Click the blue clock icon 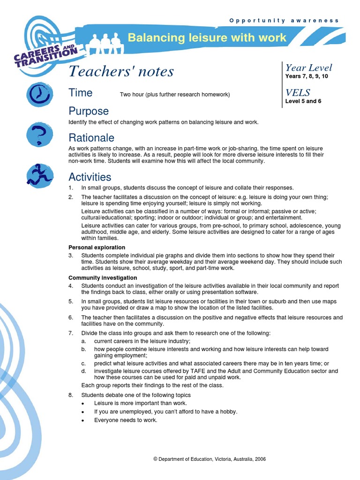click(40, 94)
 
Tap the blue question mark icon click(39, 135)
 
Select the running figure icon click(39, 176)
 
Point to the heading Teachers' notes click(121, 72)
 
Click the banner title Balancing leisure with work click(207, 37)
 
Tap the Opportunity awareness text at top click(284, 21)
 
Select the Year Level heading click(308, 67)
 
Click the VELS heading click(298, 92)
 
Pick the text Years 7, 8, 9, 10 click(307, 76)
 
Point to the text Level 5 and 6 click(303, 101)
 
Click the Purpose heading click(89, 111)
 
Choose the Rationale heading click(91, 138)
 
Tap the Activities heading click(90, 177)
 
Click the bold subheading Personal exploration click(97, 247)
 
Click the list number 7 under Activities click(71, 333)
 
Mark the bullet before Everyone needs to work click(83, 420)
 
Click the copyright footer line click(210, 459)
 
